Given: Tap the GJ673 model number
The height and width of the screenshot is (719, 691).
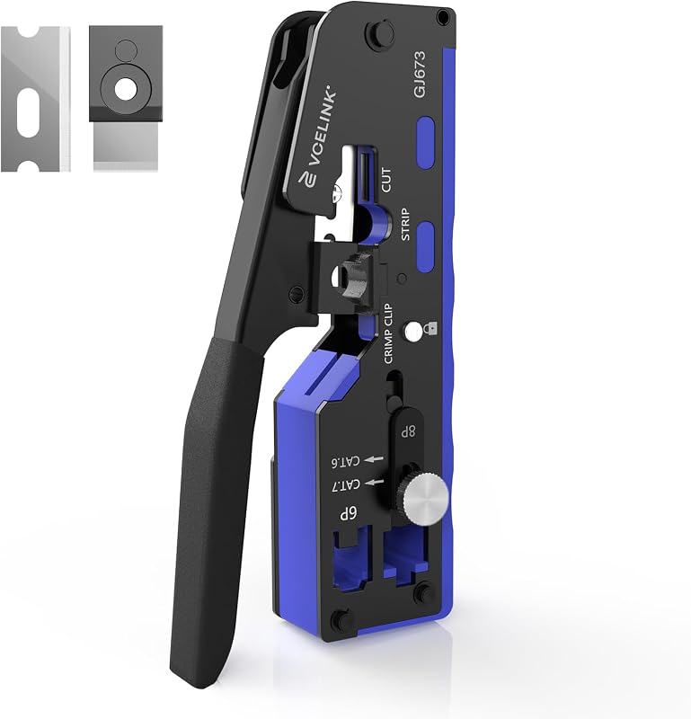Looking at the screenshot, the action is (420, 74).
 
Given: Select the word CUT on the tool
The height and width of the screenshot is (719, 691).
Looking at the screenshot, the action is (386, 180).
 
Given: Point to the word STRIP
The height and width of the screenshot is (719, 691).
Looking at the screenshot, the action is (405, 224).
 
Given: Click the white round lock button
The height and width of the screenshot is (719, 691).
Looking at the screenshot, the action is (413, 332).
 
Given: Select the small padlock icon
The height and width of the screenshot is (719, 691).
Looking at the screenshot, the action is (432, 328).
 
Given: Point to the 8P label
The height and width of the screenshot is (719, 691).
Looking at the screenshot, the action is (408, 431).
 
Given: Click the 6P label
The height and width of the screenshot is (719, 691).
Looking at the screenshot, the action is (348, 513).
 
